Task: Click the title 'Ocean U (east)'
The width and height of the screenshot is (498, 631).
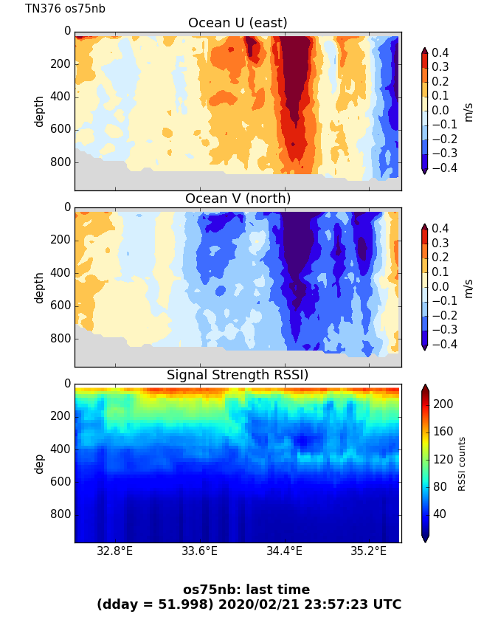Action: [x=238, y=23]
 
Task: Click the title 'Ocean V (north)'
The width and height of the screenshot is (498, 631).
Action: [x=238, y=199]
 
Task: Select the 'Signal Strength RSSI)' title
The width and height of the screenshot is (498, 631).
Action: [x=238, y=375]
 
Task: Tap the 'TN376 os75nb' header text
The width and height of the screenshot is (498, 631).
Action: [x=65, y=9]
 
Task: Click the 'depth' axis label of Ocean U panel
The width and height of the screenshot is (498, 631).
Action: [x=39, y=111]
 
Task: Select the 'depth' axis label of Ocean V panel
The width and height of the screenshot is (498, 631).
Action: [x=39, y=287]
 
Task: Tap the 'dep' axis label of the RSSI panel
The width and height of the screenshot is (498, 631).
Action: [x=39, y=463]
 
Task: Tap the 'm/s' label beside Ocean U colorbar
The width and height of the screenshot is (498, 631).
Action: [x=468, y=111]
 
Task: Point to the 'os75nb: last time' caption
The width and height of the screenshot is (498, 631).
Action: [x=246, y=590]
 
